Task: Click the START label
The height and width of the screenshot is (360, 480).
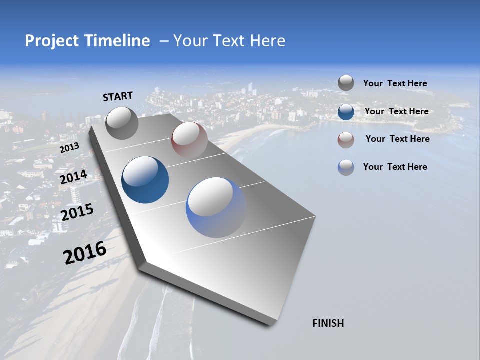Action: pos(118,96)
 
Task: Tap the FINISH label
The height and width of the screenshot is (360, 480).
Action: pos(328,323)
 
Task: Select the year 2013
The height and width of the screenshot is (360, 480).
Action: pos(69,148)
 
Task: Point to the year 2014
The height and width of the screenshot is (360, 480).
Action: pos(73,177)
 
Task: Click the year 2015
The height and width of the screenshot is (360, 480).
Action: pos(77,212)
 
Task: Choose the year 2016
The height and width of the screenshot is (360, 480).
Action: pos(85,253)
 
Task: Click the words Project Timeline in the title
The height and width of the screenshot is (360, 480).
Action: pos(87,41)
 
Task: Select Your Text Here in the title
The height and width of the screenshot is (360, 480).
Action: pos(229,41)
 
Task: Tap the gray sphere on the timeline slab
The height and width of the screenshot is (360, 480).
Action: pos(122,123)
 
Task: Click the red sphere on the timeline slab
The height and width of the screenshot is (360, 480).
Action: pos(189,139)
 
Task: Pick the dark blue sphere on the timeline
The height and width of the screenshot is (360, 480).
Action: pos(145,180)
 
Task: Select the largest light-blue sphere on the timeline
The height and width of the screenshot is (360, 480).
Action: pos(216,207)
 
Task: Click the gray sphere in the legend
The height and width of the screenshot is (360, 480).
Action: pos(346,83)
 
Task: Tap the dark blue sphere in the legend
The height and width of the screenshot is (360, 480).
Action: pos(346,111)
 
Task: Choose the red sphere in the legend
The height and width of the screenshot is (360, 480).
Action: pos(346,139)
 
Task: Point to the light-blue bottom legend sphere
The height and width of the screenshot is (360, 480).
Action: pos(346,167)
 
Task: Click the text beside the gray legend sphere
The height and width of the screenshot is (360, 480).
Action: pos(395,83)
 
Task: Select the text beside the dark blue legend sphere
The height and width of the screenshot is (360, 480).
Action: pos(396,111)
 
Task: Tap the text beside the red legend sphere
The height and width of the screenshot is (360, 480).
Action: pos(397,139)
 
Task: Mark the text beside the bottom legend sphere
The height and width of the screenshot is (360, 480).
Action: pos(395,167)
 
